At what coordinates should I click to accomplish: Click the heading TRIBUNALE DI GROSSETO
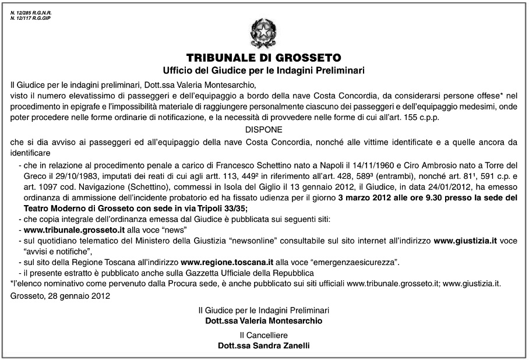coord(264,58)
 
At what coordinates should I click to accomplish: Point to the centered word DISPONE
coord(264,129)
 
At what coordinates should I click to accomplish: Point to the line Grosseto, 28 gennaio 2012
coord(60,296)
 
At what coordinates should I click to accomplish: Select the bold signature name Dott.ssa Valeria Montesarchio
coord(263,320)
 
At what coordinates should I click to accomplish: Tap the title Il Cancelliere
coord(263,336)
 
